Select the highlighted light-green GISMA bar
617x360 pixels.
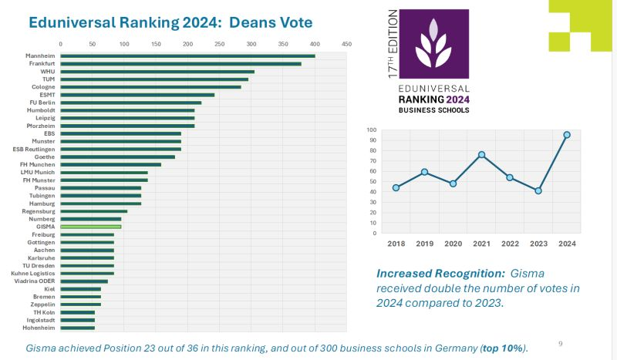[x=90, y=227]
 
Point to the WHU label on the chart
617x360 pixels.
[x=48, y=71]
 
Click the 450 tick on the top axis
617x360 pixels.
[x=346, y=43]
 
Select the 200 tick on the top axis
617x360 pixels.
[x=187, y=43]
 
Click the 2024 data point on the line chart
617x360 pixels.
[x=567, y=135]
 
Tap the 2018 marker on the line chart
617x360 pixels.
[x=396, y=187]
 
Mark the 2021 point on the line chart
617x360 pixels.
[x=481, y=155]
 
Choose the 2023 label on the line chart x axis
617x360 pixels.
[x=538, y=243]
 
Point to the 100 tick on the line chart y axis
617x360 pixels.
[x=371, y=130]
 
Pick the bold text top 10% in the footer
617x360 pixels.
[x=504, y=348]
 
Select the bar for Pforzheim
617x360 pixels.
[x=127, y=126]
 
